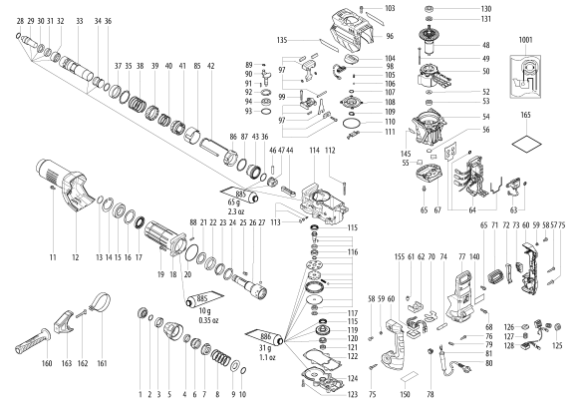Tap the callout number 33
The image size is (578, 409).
tap(79, 21)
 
